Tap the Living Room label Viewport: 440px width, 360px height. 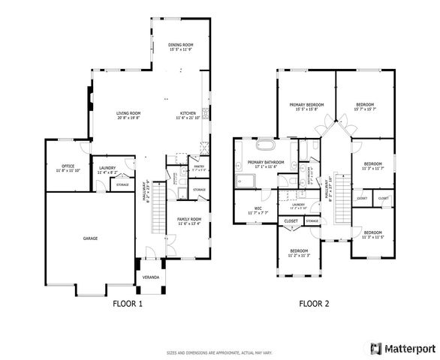pyautogui.click(x=128, y=113)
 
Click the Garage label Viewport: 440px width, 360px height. pyautogui.click(x=90, y=238)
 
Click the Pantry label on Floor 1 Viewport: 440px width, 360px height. pyautogui.click(x=199, y=167)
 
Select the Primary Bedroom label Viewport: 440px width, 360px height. pyautogui.click(x=306, y=104)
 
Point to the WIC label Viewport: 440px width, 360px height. pyautogui.click(x=258, y=208)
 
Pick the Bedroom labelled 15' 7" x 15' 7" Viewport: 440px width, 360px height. pyautogui.click(x=365, y=104)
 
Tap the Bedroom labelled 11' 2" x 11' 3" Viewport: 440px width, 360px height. pyautogui.click(x=298, y=250)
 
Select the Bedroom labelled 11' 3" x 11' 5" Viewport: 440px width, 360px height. pyautogui.click(x=373, y=232)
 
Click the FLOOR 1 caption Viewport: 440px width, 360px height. pyautogui.click(x=127, y=304)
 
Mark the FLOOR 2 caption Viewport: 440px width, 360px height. pyautogui.click(x=315, y=304)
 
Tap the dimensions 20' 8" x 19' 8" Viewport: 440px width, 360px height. pyautogui.click(x=128, y=118)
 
